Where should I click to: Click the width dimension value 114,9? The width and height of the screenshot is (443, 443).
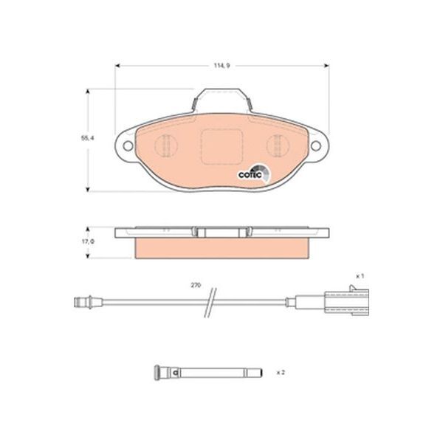pos(223,66)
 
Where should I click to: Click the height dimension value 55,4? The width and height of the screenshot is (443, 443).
pos(86,137)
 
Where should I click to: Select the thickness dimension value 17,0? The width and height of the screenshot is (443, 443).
pos(86,241)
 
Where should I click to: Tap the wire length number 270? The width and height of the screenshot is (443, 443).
pos(196,284)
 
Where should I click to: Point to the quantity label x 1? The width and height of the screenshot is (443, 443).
pos(360,275)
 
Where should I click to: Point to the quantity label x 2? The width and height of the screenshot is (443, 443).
pos(281,373)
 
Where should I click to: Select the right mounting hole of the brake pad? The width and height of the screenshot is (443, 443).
pos(318,145)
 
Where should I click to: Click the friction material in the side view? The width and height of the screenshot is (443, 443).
pos(221,248)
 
